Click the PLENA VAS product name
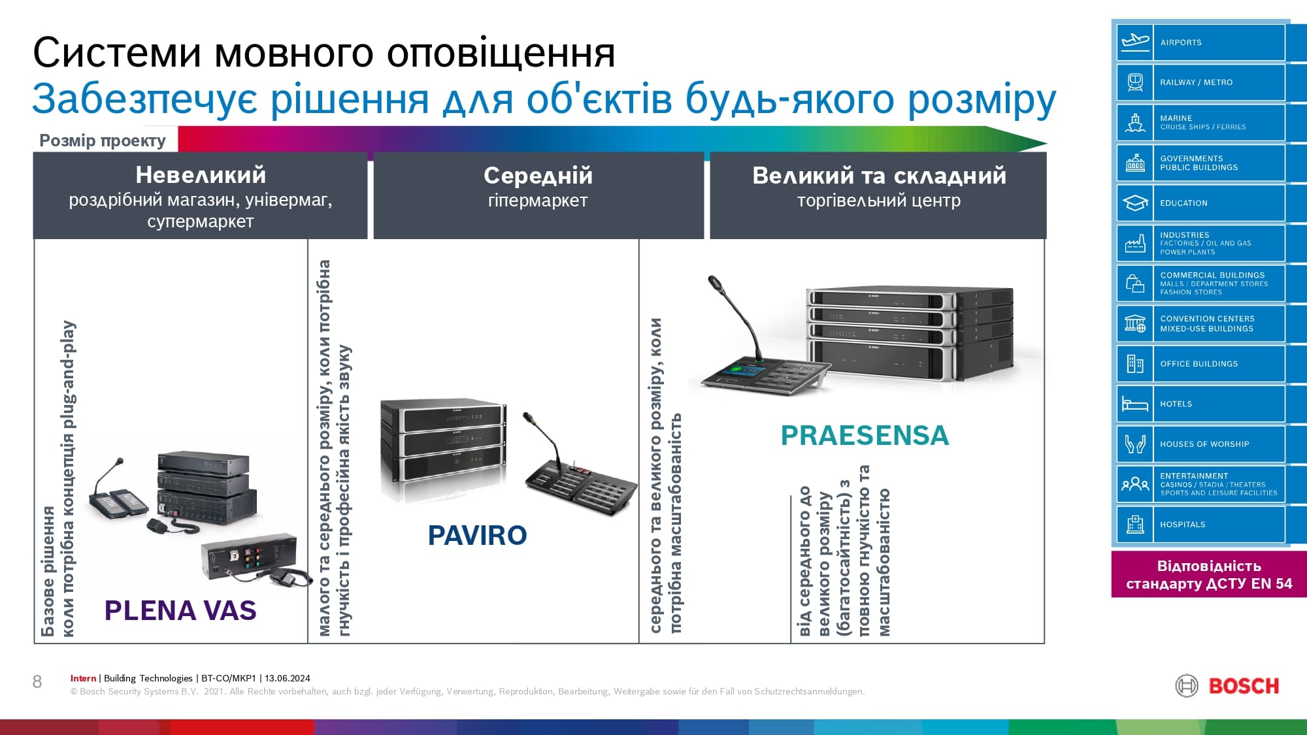[x=180, y=610]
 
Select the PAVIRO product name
[x=477, y=536]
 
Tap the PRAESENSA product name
[x=865, y=435]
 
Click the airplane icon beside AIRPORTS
[x=1135, y=42]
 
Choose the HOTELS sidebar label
[x=1176, y=404]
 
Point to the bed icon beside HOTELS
[x=1135, y=404]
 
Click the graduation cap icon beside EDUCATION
[x=1135, y=203]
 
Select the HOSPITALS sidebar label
[x=1182, y=524]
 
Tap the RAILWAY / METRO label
[x=1196, y=82]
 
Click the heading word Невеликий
[x=201, y=175]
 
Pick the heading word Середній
[x=538, y=175]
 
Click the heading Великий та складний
[x=879, y=175]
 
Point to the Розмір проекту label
[x=103, y=140]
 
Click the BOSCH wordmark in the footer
[x=1244, y=686]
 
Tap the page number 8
[x=37, y=682]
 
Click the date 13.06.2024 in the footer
[x=288, y=678]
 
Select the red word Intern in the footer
[x=83, y=678]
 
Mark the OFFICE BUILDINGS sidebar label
[x=1199, y=364]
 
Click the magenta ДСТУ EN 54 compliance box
[x=1209, y=574]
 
